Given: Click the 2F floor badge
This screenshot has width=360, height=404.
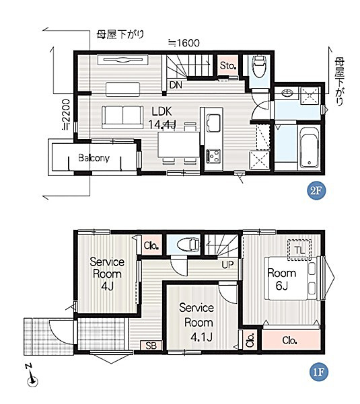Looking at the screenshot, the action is coord(316,191).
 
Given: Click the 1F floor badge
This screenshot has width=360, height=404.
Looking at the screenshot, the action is coord(318,372).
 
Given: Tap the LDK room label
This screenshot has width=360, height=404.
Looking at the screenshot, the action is coord(161,112).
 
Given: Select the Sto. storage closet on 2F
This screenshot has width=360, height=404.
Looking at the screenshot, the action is coord(227,65).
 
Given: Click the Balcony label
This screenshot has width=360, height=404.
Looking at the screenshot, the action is coord(94,158).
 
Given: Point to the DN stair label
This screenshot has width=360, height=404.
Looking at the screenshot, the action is coord(176,85).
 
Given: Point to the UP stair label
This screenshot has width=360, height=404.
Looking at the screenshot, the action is coord(227,264).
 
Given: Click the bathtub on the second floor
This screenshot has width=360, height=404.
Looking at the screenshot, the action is coord(310,148).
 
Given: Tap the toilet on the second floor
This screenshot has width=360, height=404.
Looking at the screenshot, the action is coord(259,66).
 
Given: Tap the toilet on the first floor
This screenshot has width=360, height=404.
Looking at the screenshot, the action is coord(188,244).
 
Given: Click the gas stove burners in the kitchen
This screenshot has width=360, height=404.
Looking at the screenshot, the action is coord(213,156).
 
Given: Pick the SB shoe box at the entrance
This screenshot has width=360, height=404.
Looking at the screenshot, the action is coord(151,346).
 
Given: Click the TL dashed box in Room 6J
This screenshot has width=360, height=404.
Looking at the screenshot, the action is coord(299,250).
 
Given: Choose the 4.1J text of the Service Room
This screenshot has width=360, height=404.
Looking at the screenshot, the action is coord(201,337).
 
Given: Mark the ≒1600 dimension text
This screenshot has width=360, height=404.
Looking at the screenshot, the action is coord(184,43).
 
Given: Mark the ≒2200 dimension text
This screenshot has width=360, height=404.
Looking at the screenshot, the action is coord(67,114).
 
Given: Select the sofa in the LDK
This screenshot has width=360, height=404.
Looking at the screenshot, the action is coord(122,117).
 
